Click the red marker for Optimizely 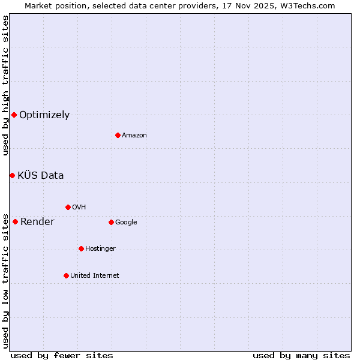[x=14, y=115]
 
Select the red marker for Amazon [x=118, y=135]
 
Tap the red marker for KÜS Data [x=12, y=175]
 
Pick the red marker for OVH [x=68, y=207]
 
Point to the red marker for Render [x=15, y=221]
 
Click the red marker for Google [x=111, y=222]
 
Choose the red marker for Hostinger [x=81, y=248]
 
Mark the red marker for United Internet [x=66, y=275]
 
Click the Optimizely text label [x=44, y=115]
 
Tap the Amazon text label [x=134, y=136]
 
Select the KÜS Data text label [x=41, y=176]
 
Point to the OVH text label [x=79, y=208]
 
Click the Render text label [x=37, y=222]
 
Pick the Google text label [x=126, y=223]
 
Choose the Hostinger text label [x=100, y=249]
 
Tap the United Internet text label [x=95, y=276]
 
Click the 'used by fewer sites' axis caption [x=62, y=356]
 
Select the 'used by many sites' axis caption [x=301, y=356]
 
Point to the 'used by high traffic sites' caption [x=6, y=85]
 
